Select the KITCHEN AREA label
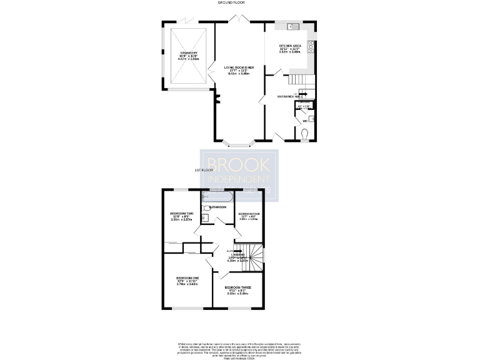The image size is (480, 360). click(291, 46)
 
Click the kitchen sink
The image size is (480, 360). click(291, 27)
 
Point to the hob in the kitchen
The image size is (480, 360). click(311, 46)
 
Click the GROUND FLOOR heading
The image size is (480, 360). click(230, 3)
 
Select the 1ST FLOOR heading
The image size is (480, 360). click(204, 170)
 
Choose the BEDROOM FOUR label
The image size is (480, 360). click(248, 214)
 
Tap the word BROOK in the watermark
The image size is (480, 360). click(239, 164)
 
